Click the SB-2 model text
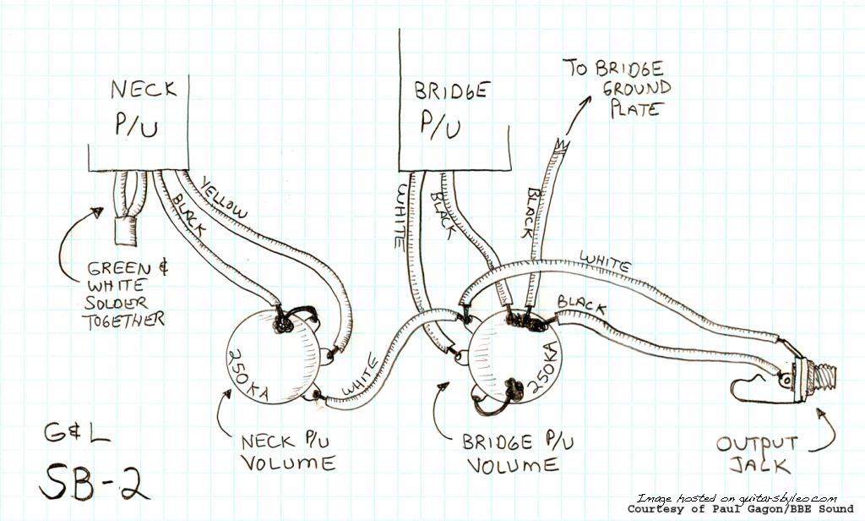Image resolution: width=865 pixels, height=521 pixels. point(94,480)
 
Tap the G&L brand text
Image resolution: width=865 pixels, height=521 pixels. point(77,434)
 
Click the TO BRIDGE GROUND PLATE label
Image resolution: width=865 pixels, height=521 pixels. point(617,89)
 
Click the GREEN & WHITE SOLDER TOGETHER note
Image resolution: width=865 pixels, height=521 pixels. point(126,295)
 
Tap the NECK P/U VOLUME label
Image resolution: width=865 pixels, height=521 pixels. point(288,452)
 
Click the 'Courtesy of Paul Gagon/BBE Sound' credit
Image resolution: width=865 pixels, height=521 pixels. point(740,509)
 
